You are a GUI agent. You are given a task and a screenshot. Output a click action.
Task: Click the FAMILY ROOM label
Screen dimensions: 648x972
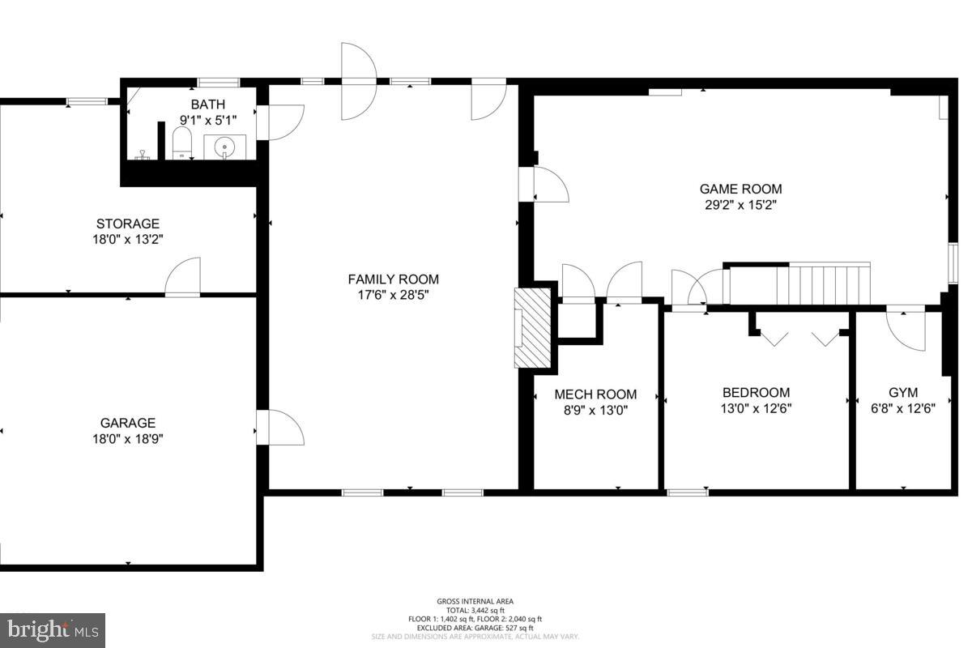(393, 279)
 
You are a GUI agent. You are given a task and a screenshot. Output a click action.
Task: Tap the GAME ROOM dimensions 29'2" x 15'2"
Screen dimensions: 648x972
(740, 205)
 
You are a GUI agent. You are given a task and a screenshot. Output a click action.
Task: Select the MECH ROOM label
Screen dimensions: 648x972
(595, 394)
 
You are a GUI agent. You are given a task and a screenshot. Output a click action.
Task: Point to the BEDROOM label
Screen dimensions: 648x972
(756, 392)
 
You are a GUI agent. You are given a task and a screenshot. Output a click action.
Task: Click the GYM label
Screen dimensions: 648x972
(903, 392)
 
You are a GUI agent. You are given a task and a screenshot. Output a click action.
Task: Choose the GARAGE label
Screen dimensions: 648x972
(128, 423)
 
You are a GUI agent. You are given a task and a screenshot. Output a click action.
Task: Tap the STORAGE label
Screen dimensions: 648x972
(128, 224)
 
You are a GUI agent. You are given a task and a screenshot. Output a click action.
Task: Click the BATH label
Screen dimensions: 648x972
(207, 104)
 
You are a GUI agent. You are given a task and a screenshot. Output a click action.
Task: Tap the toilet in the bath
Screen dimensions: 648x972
(181, 147)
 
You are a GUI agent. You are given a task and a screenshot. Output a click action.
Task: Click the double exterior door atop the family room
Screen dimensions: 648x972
(359, 80)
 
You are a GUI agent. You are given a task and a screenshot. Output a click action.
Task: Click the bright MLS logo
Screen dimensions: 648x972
(53, 628)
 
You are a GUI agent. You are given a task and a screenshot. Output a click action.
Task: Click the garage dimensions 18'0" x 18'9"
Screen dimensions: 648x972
(128, 439)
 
